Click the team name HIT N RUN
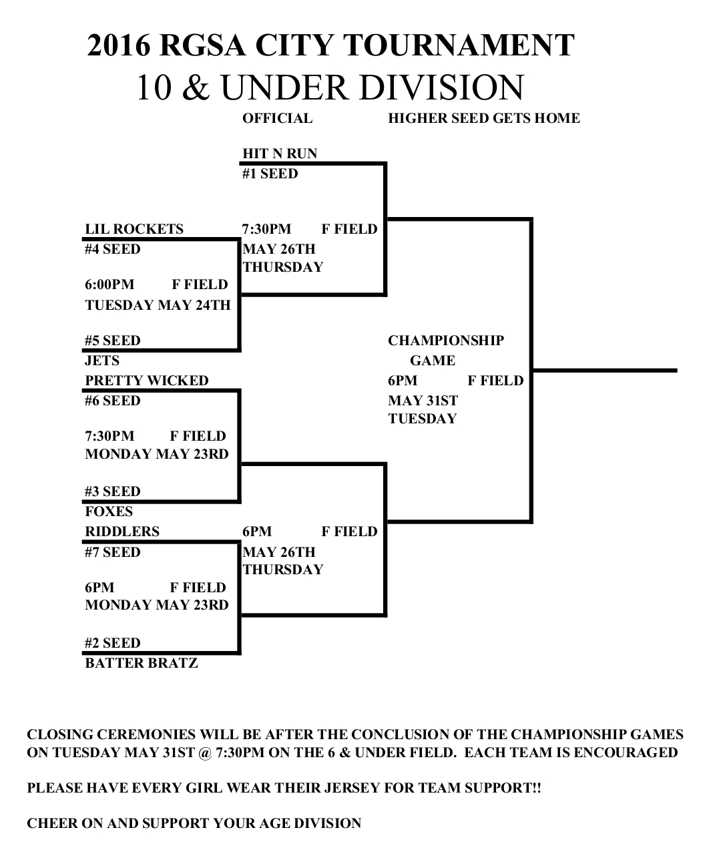pos(279,154)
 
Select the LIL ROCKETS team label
pos(134,229)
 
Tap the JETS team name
pos(102,361)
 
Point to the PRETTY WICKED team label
pos(147,381)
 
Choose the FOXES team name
pos(109,511)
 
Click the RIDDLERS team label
pos(122,531)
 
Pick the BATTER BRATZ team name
pos(142,663)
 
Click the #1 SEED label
pos(270,174)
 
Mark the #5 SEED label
pos(112,341)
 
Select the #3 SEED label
pos(112,491)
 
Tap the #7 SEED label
pos(112,552)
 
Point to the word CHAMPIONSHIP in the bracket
pos(446,341)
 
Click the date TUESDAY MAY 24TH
pos(158,305)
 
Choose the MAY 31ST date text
pos(423,401)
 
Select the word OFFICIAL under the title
pos(277,118)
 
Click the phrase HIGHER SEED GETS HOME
pos(484,118)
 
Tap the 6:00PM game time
pos(109,284)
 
